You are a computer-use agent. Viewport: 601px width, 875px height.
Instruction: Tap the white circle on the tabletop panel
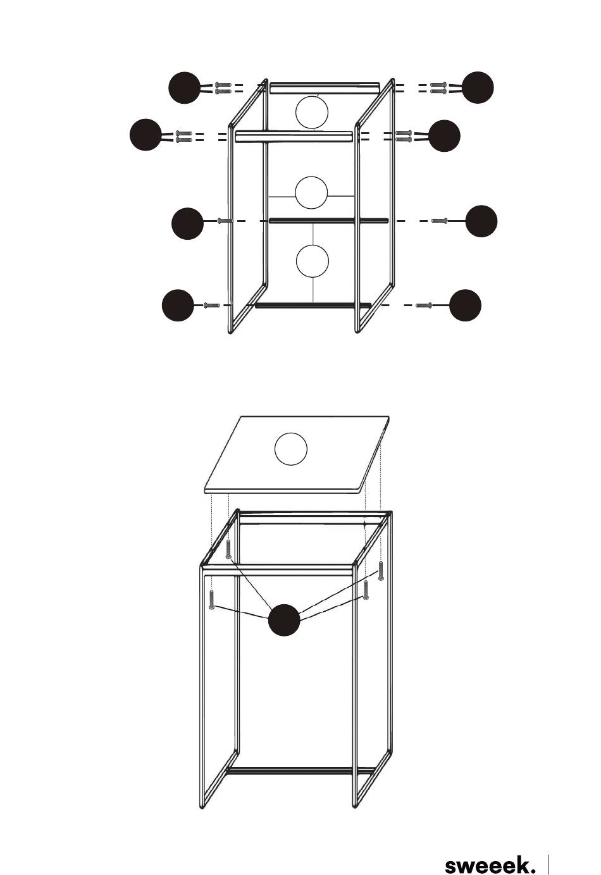291,449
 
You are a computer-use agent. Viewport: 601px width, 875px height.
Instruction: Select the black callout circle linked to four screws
284,620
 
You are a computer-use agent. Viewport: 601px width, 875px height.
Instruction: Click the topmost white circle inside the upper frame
312,112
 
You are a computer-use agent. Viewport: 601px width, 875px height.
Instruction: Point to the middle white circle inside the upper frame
311,192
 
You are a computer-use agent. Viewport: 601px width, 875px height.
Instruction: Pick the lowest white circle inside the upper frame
313,261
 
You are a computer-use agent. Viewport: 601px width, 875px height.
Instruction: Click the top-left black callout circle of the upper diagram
185,88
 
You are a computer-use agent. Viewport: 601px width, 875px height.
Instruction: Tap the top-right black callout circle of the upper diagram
478,87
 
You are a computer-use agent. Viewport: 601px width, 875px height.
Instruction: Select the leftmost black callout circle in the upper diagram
146,135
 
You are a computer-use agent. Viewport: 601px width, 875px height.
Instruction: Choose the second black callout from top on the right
444,135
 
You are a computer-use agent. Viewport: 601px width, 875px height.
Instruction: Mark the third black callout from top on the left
188,223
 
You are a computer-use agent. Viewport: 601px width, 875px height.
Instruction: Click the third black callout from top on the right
481,221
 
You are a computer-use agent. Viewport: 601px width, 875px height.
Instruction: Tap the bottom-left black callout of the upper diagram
178,306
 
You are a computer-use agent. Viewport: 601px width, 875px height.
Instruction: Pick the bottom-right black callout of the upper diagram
465,305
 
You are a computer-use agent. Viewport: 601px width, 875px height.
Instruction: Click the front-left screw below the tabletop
212,600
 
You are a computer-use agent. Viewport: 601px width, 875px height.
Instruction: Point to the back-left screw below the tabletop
228,549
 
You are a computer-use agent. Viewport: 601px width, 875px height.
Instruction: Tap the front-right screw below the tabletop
366,590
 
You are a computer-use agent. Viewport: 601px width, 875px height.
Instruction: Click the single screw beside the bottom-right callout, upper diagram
424,305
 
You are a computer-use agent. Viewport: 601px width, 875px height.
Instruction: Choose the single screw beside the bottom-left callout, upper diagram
212,306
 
